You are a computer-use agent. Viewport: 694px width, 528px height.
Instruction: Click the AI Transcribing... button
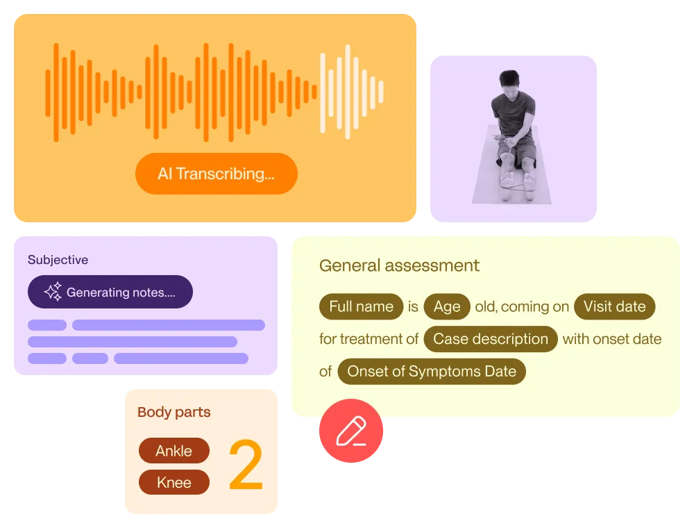point(216,174)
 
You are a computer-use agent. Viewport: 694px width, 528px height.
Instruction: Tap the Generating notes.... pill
point(110,292)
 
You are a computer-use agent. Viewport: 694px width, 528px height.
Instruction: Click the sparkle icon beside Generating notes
point(53,292)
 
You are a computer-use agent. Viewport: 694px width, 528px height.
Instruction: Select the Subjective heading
point(58,260)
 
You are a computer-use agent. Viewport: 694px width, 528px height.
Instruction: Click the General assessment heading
point(399,265)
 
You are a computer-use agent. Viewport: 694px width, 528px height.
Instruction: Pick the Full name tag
point(361,306)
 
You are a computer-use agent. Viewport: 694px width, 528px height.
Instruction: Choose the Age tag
point(447,306)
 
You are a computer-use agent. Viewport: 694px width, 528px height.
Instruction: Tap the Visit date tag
point(614,306)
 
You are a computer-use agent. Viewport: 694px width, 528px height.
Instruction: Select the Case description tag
point(491,339)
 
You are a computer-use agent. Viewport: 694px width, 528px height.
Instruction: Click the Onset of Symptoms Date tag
point(432,371)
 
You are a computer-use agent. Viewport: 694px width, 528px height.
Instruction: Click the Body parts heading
point(173,412)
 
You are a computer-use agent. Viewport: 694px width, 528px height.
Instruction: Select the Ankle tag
point(173,451)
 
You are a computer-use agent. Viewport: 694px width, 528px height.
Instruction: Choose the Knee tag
point(173,482)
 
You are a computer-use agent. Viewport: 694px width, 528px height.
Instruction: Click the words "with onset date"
point(611,339)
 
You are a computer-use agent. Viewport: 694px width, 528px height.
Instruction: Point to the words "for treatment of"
point(369,339)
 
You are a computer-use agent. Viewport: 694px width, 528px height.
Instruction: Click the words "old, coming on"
point(522,306)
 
